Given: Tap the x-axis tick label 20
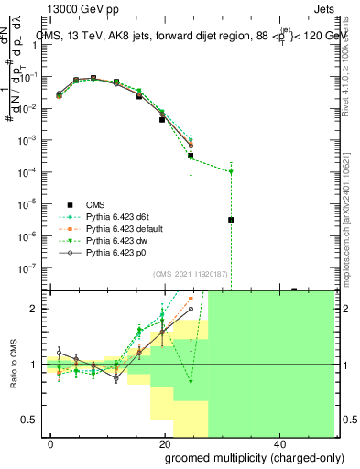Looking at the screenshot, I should coord(164,442).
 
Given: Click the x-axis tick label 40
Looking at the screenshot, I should coord(278,442).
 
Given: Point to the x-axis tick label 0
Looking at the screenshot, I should coord(51,442).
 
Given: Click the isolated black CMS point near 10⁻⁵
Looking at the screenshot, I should coord(232,220).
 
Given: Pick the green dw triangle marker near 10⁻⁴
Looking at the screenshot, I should coord(232,171).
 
